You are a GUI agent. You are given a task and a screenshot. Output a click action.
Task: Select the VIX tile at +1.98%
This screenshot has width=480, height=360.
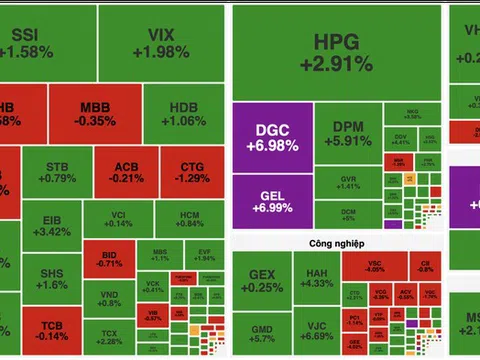coord(153,44)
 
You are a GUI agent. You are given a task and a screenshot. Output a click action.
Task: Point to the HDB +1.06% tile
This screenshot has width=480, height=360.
coord(182,114)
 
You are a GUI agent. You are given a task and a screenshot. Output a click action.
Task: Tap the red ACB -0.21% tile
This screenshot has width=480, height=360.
coord(126,172)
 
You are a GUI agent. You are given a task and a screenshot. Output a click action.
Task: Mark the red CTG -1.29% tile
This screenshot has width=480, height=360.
coord(195,172)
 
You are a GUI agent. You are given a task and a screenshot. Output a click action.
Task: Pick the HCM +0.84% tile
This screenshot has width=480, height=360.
coord(190,219)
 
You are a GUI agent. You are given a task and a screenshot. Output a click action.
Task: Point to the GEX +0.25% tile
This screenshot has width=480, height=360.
coord(261,279)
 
